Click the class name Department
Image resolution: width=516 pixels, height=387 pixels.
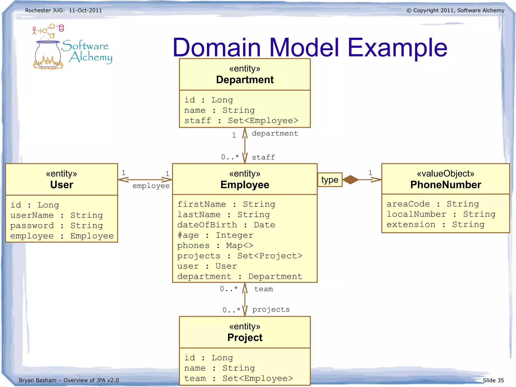click(x=245, y=80)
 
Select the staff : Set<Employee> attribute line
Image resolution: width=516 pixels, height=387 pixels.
click(x=241, y=121)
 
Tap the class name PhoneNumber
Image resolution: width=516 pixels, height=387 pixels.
click(x=445, y=185)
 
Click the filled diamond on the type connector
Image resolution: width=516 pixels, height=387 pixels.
click(x=350, y=180)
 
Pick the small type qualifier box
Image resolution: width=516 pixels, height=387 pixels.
click(x=330, y=180)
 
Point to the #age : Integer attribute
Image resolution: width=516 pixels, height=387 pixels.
click(x=215, y=235)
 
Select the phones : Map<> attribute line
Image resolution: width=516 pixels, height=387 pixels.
click(x=215, y=246)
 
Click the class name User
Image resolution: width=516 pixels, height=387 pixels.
click(x=61, y=185)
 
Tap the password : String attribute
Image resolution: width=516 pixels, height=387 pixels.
click(x=56, y=225)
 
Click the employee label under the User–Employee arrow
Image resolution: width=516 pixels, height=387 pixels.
click(x=151, y=186)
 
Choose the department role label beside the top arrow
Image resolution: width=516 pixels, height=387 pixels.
click(x=275, y=133)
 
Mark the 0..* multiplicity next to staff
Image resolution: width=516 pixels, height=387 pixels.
click(x=230, y=157)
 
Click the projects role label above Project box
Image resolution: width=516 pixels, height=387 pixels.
click(x=271, y=309)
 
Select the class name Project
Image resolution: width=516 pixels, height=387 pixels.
click(x=245, y=338)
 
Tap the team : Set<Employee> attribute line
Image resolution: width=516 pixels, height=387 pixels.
click(x=238, y=378)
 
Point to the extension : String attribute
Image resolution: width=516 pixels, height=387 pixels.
click(x=435, y=224)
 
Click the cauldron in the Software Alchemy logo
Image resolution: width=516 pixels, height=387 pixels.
click(x=48, y=54)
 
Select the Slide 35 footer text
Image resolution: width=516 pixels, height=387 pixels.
click(x=493, y=380)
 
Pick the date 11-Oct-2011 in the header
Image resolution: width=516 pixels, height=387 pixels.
click(x=85, y=11)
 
